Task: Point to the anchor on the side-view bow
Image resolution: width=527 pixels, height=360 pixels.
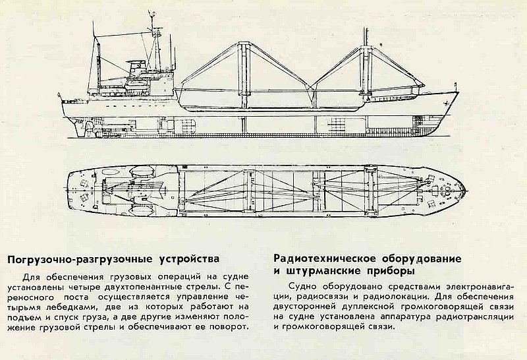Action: pos(447,102)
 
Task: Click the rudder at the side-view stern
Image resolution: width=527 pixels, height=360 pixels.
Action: pos(81,129)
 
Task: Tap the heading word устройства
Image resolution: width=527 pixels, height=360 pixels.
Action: pos(189,259)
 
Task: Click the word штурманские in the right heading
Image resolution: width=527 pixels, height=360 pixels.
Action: pos(319,271)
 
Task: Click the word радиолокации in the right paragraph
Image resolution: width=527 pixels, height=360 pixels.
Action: pos(393,297)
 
